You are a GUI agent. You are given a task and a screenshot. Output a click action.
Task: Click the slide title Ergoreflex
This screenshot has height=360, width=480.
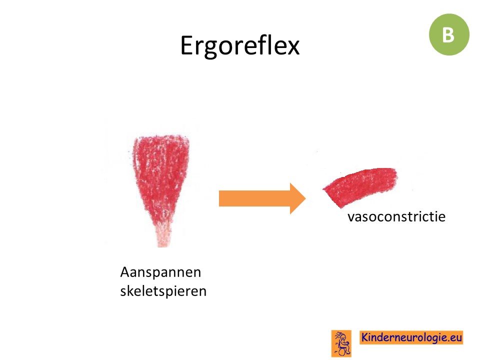239,46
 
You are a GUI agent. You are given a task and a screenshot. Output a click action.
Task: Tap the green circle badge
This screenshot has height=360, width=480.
449,34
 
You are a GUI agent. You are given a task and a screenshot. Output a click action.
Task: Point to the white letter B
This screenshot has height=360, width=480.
448,35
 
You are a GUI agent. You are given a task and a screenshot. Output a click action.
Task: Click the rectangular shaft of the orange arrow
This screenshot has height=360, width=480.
254,198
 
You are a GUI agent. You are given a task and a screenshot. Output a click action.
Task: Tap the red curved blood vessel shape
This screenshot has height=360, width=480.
361,185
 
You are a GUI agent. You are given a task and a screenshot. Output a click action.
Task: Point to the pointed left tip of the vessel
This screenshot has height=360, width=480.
323,189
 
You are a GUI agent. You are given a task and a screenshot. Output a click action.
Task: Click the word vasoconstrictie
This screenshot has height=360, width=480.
396,216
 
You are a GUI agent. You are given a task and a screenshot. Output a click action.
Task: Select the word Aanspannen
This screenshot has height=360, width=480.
160,272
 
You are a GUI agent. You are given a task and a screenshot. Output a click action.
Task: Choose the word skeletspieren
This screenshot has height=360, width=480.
163,291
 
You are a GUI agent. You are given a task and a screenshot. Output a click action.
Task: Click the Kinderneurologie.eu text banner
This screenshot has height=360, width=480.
411,337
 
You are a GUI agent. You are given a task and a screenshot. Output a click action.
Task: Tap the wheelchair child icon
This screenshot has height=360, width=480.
341,343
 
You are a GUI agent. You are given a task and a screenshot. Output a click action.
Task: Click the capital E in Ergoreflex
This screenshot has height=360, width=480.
186,46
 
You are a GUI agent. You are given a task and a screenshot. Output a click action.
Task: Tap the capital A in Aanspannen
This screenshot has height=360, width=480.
125,272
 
